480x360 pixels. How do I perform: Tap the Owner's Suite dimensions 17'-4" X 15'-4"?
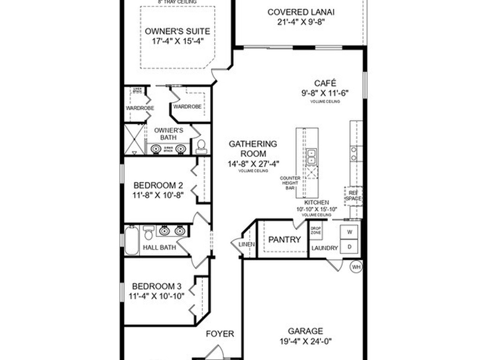[x=177, y=41]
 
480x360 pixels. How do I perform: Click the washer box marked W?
[x=349, y=232]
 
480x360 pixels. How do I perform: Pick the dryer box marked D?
[x=349, y=247]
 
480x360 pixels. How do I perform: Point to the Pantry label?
[x=285, y=240]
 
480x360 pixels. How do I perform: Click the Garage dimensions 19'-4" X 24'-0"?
[x=305, y=341]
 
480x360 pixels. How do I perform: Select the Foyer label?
[x=220, y=334]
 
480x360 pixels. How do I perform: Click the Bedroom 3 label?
[x=157, y=286]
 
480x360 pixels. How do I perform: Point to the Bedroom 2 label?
[x=157, y=185]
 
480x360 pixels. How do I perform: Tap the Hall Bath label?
[x=160, y=247]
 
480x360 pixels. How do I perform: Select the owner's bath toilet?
[x=202, y=147]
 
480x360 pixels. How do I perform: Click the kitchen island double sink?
[x=312, y=157]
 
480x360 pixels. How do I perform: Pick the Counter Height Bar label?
[x=290, y=183]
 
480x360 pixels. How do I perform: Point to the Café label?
[x=325, y=83]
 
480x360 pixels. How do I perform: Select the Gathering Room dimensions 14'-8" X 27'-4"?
[x=253, y=164]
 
